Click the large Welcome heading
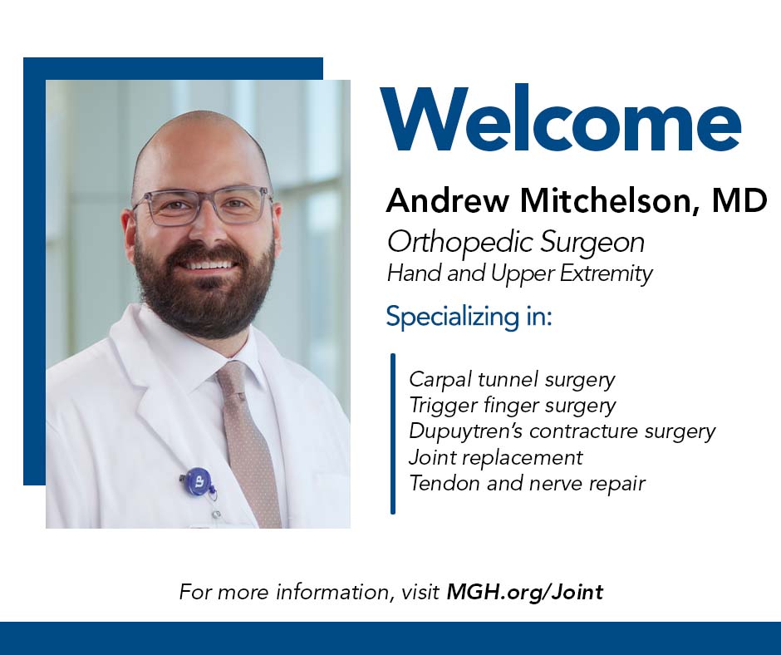click(x=560, y=119)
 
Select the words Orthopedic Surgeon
click(x=516, y=243)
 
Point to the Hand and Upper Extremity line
click(x=519, y=273)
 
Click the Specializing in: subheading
click(x=469, y=316)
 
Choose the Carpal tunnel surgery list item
click(x=512, y=380)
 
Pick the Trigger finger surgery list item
click(x=513, y=406)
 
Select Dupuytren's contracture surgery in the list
click(x=562, y=431)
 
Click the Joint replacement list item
click(x=495, y=457)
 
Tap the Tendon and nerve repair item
click(x=527, y=483)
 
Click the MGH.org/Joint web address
click(x=525, y=592)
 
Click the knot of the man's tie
click(x=233, y=377)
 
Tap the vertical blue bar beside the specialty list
click(x=393, y=434)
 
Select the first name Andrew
click(x=448, y=200)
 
